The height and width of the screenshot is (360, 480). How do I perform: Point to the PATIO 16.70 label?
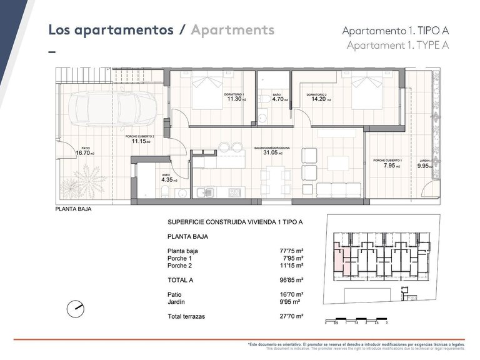point(84,152)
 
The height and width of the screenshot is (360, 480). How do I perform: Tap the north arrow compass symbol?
point(76,307)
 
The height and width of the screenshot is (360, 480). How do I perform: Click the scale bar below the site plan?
point(357,319)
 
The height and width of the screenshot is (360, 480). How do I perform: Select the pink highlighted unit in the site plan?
point(339,259)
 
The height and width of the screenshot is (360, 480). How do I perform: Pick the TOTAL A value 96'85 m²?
point(291,281)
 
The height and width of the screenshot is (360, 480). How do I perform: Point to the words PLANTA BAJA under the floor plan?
point(74,210)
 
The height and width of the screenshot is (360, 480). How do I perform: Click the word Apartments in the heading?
point(232,30)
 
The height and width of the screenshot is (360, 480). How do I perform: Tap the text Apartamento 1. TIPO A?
point(396,31)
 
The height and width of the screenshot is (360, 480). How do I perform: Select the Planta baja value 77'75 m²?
point(291,251)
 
